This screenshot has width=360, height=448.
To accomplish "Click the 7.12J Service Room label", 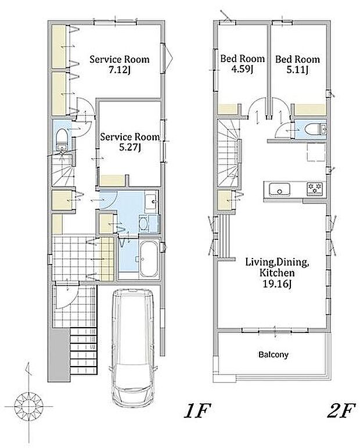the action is click(x=120, y=64).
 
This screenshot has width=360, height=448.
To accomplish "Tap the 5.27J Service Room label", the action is click(x=130, y=142).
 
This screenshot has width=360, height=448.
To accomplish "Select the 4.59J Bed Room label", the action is click(x=242, y=64).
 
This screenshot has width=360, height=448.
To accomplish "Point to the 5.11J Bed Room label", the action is click(x=297, y=64).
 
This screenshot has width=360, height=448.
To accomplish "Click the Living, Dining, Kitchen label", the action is click(x=277, y=273).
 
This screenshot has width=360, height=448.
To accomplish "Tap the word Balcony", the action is click(x=273, y=354).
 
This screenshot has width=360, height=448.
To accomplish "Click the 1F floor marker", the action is click(x=197, y=410).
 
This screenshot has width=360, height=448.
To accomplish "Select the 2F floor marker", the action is click(x=341, y=410).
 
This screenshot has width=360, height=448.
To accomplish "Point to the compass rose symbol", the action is click(x=28, y=406).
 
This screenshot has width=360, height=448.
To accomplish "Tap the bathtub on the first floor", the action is click(x=149, y=259).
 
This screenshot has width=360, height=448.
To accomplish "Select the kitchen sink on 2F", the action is click(x=279, y=189).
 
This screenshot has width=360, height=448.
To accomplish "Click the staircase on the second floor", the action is click(x=228, y=153).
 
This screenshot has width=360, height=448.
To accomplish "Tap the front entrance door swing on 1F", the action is click(x=67, y=297).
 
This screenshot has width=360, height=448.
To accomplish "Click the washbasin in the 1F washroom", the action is click(x=151, y=203).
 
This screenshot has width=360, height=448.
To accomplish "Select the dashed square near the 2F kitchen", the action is click(x=316, y=152).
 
